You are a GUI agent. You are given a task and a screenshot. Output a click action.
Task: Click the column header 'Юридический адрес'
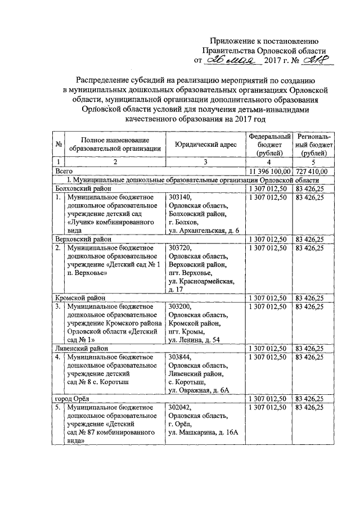point(205,145)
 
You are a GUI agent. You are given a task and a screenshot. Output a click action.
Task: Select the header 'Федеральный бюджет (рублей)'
point(270,145)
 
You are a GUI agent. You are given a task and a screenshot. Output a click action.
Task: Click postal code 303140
point(180,197)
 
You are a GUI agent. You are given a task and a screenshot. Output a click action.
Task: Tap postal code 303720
point(180,248)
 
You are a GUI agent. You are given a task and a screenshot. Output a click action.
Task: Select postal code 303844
point(180,357)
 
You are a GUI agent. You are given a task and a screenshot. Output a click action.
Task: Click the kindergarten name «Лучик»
point(83,223)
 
